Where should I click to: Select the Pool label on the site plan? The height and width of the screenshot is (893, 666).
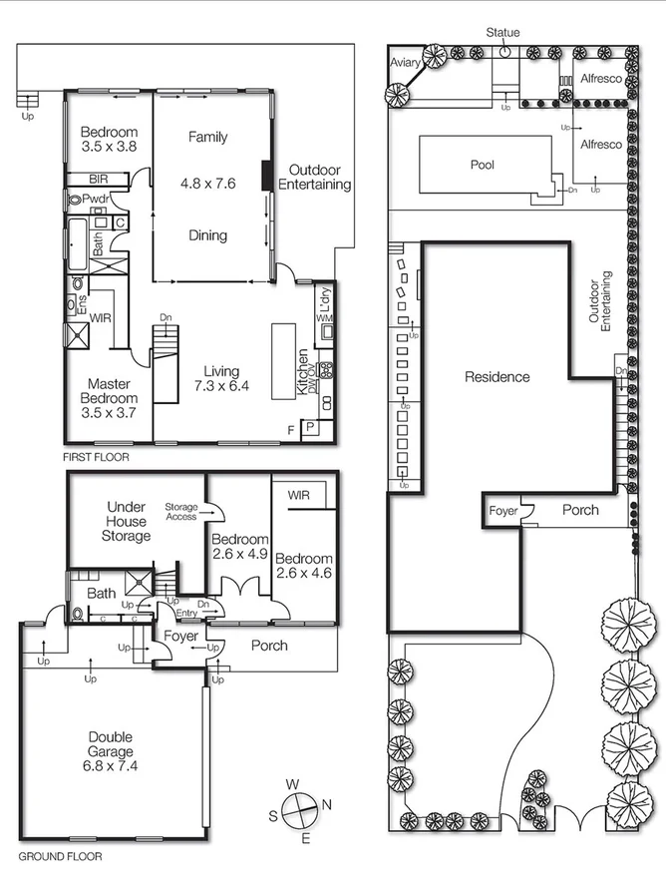pos(483,165)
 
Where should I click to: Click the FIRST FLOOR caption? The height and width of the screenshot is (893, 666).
pos(95,457)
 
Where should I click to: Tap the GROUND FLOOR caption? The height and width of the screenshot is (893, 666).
pos(60,856)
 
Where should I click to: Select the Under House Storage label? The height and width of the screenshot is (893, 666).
pos(127,522)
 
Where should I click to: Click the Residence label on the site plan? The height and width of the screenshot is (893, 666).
pos(497,377)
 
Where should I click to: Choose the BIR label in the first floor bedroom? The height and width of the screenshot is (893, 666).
pos(98,179)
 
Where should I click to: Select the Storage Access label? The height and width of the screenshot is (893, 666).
pos(182,511)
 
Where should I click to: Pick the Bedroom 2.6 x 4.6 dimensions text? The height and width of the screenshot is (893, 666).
pos(303,574)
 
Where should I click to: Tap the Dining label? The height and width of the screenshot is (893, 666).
pos(208,236)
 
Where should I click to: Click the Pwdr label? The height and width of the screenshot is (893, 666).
pos(96,200)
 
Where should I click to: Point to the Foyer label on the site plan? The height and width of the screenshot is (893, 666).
pos(503,511)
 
